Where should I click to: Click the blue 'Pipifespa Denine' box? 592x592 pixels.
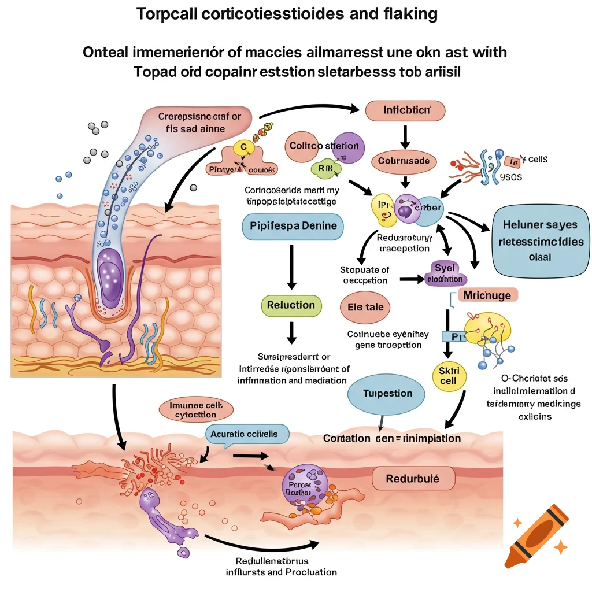(x=293, y=225)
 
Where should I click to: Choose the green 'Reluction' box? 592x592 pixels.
(x=291, y=305)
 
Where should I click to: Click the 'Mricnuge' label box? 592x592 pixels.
(x=487, y=295)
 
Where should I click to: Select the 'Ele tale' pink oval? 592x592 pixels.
(x=365, y=307)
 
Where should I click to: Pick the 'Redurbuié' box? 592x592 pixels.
(x=413, y=479)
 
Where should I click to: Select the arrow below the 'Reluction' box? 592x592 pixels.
(x=291, y=332)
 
